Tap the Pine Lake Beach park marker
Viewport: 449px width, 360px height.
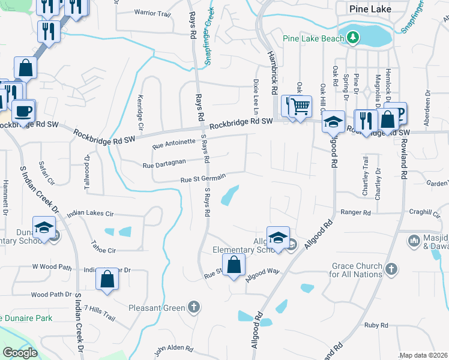tap(354, 38)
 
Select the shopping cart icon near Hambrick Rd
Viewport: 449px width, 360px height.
tap(301, 107)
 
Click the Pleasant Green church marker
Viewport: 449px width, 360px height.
tap(193, 308)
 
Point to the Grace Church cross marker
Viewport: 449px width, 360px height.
tap(391, 269)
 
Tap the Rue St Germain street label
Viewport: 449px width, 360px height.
tap(203, 178)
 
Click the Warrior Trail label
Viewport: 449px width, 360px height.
tap(152, 12)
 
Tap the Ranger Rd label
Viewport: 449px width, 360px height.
tap(356, 212)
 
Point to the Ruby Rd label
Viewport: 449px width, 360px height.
tap(376, 325)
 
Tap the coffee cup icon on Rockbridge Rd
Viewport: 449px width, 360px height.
tap(24, 111)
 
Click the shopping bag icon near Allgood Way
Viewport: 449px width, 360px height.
tap(234, 264)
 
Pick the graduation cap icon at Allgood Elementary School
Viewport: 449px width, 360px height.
tap(278, 238)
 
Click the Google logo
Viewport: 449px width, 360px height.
tap(20, 353)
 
